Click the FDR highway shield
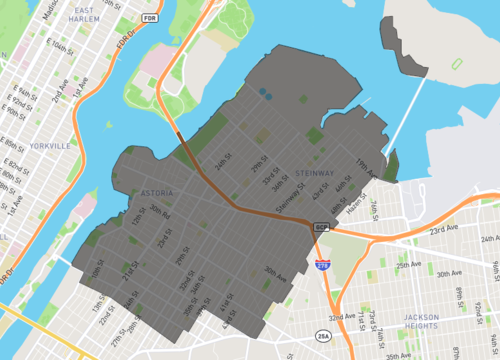click(x=150, y=17)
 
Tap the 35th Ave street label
click(x=397, y=355)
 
